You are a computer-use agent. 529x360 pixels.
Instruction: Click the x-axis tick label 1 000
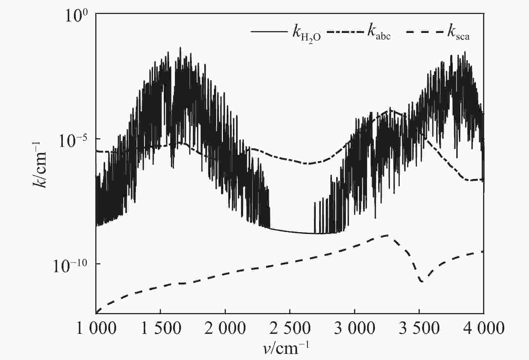[96, 328]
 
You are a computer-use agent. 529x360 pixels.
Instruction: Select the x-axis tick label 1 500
[160, 328]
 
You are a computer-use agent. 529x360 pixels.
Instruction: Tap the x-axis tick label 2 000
[225, 328]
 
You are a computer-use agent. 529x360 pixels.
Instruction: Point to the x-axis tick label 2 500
[290, 328]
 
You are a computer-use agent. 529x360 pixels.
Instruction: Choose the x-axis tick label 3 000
[354, 328]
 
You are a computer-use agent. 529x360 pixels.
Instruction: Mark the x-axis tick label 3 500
[419, 328]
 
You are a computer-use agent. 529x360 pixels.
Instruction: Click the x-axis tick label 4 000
[483, 328]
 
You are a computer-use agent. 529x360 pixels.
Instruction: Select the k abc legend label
[378, 32]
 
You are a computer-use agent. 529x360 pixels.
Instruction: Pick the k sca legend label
[458, 32]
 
